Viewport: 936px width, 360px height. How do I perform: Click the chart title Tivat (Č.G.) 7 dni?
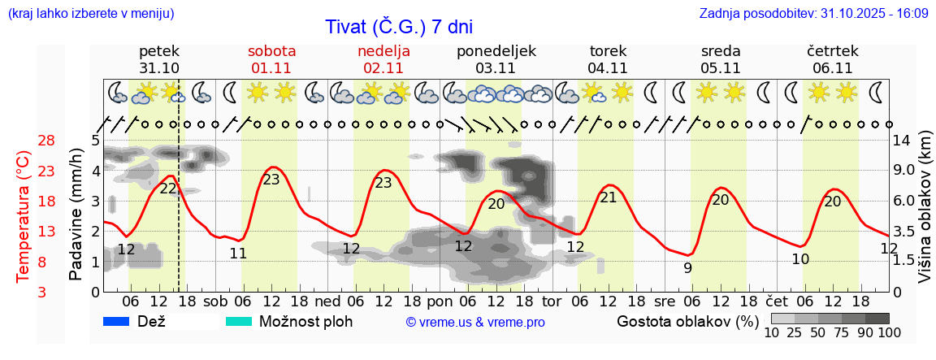[x=398, y=27]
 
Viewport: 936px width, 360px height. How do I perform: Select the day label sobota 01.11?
[x=271, y=59]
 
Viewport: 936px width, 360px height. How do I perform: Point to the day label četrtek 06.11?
[x=832, y=59]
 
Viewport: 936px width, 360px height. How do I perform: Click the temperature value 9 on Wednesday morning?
[x=687, y=267]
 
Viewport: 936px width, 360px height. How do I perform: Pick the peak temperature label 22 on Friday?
[x=168, y=188]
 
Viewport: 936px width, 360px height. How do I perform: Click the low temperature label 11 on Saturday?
[x=237, y=253]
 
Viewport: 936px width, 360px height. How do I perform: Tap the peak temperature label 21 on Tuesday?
[x=609, y=197]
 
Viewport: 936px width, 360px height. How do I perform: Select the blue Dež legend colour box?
[x=117, y=322]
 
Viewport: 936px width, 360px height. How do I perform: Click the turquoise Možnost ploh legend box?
[x=239, y=322]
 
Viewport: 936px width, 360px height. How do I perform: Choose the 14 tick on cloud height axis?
[x=903, y=141]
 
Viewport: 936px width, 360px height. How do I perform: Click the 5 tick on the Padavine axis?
[x=95, y=141]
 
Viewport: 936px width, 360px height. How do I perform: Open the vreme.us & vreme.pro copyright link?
[x=475, y=323]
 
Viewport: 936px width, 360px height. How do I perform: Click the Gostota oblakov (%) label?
[x=687, y=322]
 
